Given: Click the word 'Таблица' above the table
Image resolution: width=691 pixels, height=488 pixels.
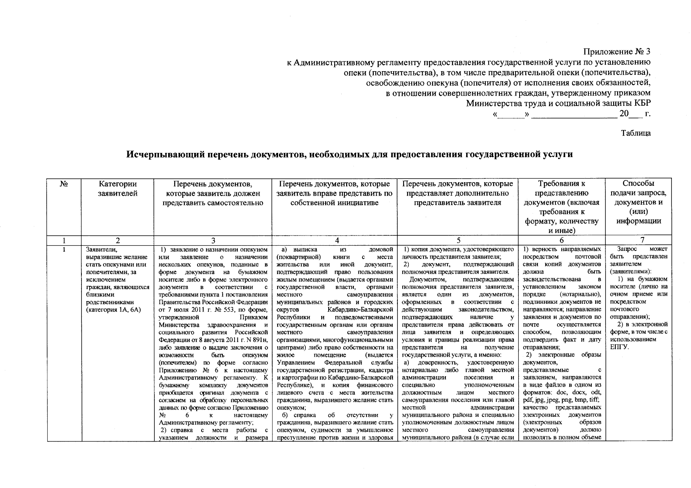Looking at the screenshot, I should pyautogui.click(x=636, y=133).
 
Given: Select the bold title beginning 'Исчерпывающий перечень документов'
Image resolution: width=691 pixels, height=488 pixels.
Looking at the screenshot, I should pyautogui.click(x=349, y=155).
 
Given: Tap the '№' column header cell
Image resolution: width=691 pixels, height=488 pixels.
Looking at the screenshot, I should pyautogui.click(x=64, y=184).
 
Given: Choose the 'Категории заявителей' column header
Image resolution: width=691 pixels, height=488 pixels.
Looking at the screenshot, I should pyautogui.click(x=117, y=189).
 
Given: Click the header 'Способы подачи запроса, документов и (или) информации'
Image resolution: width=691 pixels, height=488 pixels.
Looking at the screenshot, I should pyautogui.click(x=638, y=202).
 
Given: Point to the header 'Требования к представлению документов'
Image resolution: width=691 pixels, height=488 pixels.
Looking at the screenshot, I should pyautogui.click(x=562, y=207).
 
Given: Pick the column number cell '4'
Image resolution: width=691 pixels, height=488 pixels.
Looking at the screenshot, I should pyautogui.click(x=335, y=240).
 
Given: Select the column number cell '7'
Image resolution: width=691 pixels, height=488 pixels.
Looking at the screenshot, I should pyautogui.click(x=638, y=240).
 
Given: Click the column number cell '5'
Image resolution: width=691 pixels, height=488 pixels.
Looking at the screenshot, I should pyautogui.click(x=459, y=240).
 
